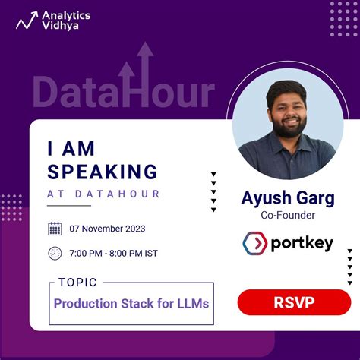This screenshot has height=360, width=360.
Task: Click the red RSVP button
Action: [293, 302]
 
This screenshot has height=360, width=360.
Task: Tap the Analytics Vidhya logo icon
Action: [27, 21]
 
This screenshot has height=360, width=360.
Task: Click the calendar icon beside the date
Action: [55, 228]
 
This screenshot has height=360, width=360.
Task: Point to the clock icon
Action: [55, 253]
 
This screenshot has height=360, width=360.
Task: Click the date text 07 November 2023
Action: [107, 229]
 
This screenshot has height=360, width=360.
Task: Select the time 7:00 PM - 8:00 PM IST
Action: [113, 253]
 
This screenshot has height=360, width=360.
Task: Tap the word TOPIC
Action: [77, 283]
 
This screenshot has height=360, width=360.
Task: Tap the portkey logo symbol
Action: [254, 244]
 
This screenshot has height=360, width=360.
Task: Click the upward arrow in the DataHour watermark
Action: [145, 65]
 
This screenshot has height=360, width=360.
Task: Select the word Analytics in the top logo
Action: [67, 14]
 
